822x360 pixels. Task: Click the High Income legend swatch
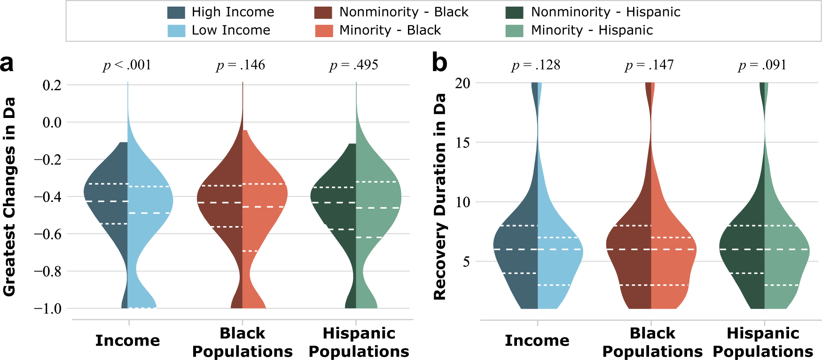click(x=176, y=12)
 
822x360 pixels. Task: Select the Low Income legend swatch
click(x=176, y=31)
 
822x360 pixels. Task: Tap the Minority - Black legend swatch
click(x=323, y=31)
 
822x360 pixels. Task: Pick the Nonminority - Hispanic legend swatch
click(x=514, y=12)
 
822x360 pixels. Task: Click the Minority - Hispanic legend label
click(x=592, y=31)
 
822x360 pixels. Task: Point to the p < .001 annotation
click(x=127, y=65)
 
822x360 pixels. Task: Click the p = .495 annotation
click(x=354, y=65)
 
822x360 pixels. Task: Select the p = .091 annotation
click(x=762, y=65)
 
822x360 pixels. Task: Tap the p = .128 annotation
click(x=536, y=65)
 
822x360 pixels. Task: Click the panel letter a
click(x=7, y=63)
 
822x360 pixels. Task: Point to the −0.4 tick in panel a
click(x=47, y=197)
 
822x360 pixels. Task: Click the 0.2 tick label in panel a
click(x=52, y=85)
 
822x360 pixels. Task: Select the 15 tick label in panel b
click(x=462, y=143)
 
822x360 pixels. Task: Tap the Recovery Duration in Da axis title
click(x=439, y=196)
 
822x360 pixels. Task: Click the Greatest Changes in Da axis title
click(x=9, y=196)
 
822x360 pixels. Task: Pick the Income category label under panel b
click(x=537, y=340)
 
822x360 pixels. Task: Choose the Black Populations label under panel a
click(x=242, y=342)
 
